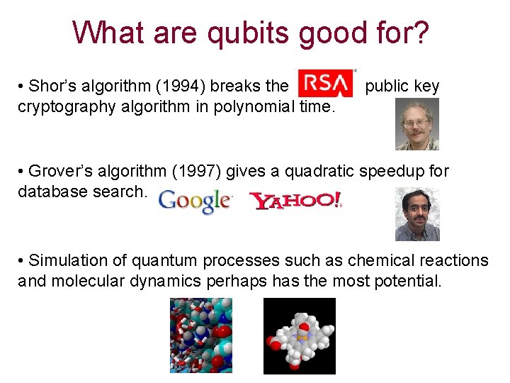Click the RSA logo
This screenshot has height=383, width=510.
click(325, 84)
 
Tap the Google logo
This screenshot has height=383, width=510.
click(195, 201)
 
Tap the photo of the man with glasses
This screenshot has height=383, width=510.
click(416, 124)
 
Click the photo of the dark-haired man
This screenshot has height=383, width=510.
click(416, 213)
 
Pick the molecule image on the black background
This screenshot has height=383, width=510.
click(299, 335)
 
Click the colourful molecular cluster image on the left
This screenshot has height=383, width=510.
click(200, 335)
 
